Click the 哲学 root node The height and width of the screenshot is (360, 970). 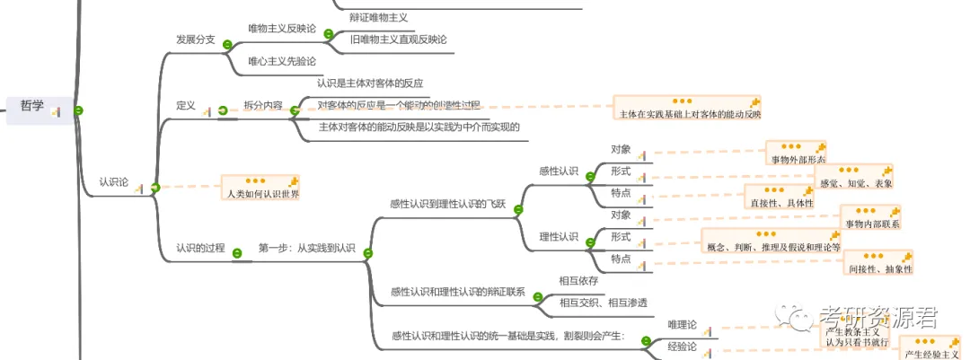(31, 106)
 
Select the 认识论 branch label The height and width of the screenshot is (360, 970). (114, 182)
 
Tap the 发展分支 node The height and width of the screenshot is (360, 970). (195, 40)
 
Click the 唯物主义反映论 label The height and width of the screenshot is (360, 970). (281, 29)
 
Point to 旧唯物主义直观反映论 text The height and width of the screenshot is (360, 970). (398, 40)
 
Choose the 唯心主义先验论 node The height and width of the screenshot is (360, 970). (282, 61)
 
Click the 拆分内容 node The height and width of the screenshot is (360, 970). (262, 105)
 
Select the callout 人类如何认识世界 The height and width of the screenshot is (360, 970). (262, 193)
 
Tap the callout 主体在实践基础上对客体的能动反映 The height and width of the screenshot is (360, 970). (690, 114)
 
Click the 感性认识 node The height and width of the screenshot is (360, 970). (559, 171)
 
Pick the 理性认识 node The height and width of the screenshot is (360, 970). (559, 237)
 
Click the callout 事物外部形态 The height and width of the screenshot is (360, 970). (797, 160)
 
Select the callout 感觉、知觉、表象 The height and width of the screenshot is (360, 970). (856, 183)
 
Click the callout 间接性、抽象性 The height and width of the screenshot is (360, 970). (879, 268)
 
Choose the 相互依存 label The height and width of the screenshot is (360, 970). (578, 280)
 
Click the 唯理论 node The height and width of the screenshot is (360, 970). (682, 324)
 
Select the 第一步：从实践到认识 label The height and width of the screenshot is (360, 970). (306, 248)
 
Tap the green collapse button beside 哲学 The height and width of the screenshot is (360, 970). (79, 110)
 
